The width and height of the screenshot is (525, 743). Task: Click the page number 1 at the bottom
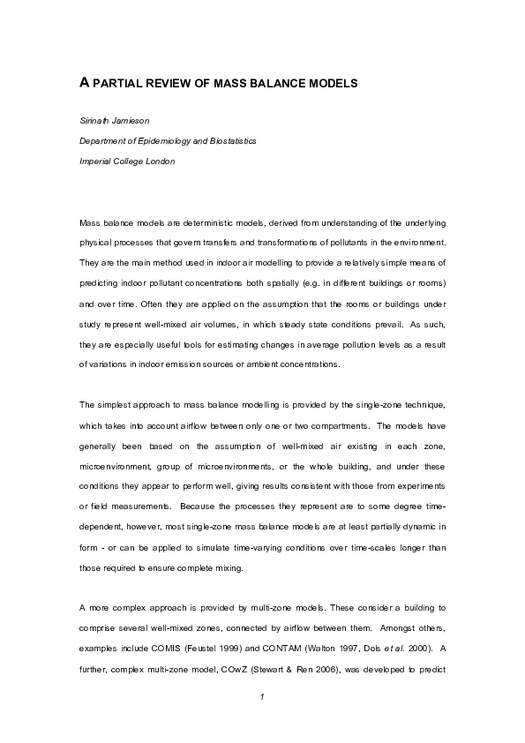pos(262,699)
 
